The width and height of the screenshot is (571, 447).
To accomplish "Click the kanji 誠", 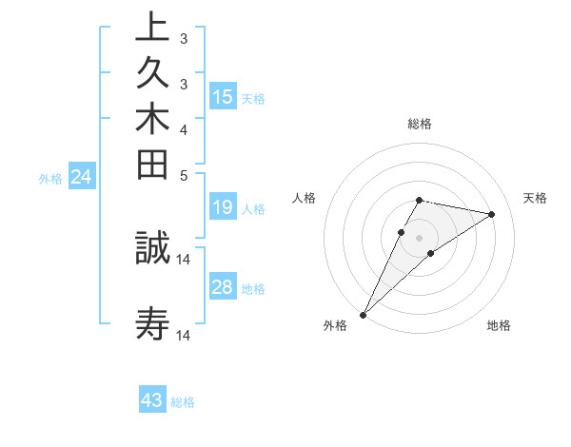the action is tap(152, 247).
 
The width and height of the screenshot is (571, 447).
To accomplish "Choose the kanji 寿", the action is tap(152, 323).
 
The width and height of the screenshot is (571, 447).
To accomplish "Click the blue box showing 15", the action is tap(223, 96).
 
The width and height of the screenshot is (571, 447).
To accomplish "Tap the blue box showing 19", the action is tap(223, 207).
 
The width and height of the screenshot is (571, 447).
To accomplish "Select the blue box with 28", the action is tap(223, 287).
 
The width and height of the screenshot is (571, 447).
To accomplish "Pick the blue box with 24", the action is tap(82, 176).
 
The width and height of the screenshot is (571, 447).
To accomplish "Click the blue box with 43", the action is tap(152, 400).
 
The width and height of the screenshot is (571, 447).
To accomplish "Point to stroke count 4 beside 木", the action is tap(183, 128).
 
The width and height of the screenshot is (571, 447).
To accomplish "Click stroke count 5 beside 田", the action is tap(183, 175).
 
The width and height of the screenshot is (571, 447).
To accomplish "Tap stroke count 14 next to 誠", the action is tap(184, 259).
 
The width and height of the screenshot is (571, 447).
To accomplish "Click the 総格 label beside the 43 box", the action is tap(183, 402).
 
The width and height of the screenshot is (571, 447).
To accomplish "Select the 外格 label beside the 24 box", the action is tap(50, 178).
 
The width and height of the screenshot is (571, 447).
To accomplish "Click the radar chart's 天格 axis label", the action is tap(535, 198).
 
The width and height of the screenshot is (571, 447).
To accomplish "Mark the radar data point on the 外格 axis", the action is tap(364, 314).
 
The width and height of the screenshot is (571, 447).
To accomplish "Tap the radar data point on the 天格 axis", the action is tap(491, 215).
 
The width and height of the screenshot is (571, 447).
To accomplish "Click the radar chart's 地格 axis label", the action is tap(499, 326).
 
